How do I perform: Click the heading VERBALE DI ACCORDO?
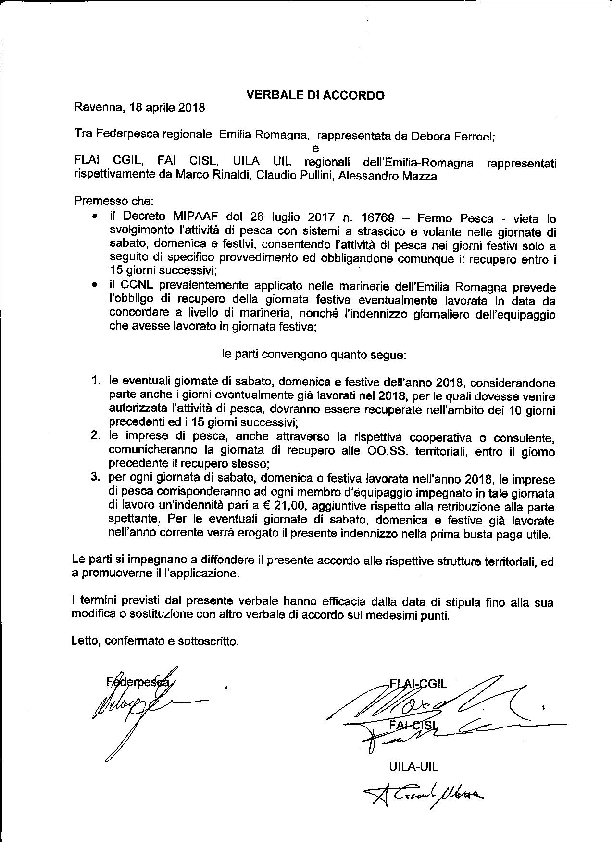point(315,95)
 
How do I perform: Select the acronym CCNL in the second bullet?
point(136,287)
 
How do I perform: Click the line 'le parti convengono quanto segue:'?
point(314,355)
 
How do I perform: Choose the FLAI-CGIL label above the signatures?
point(418,684)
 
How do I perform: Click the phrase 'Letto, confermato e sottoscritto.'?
point(155,641)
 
